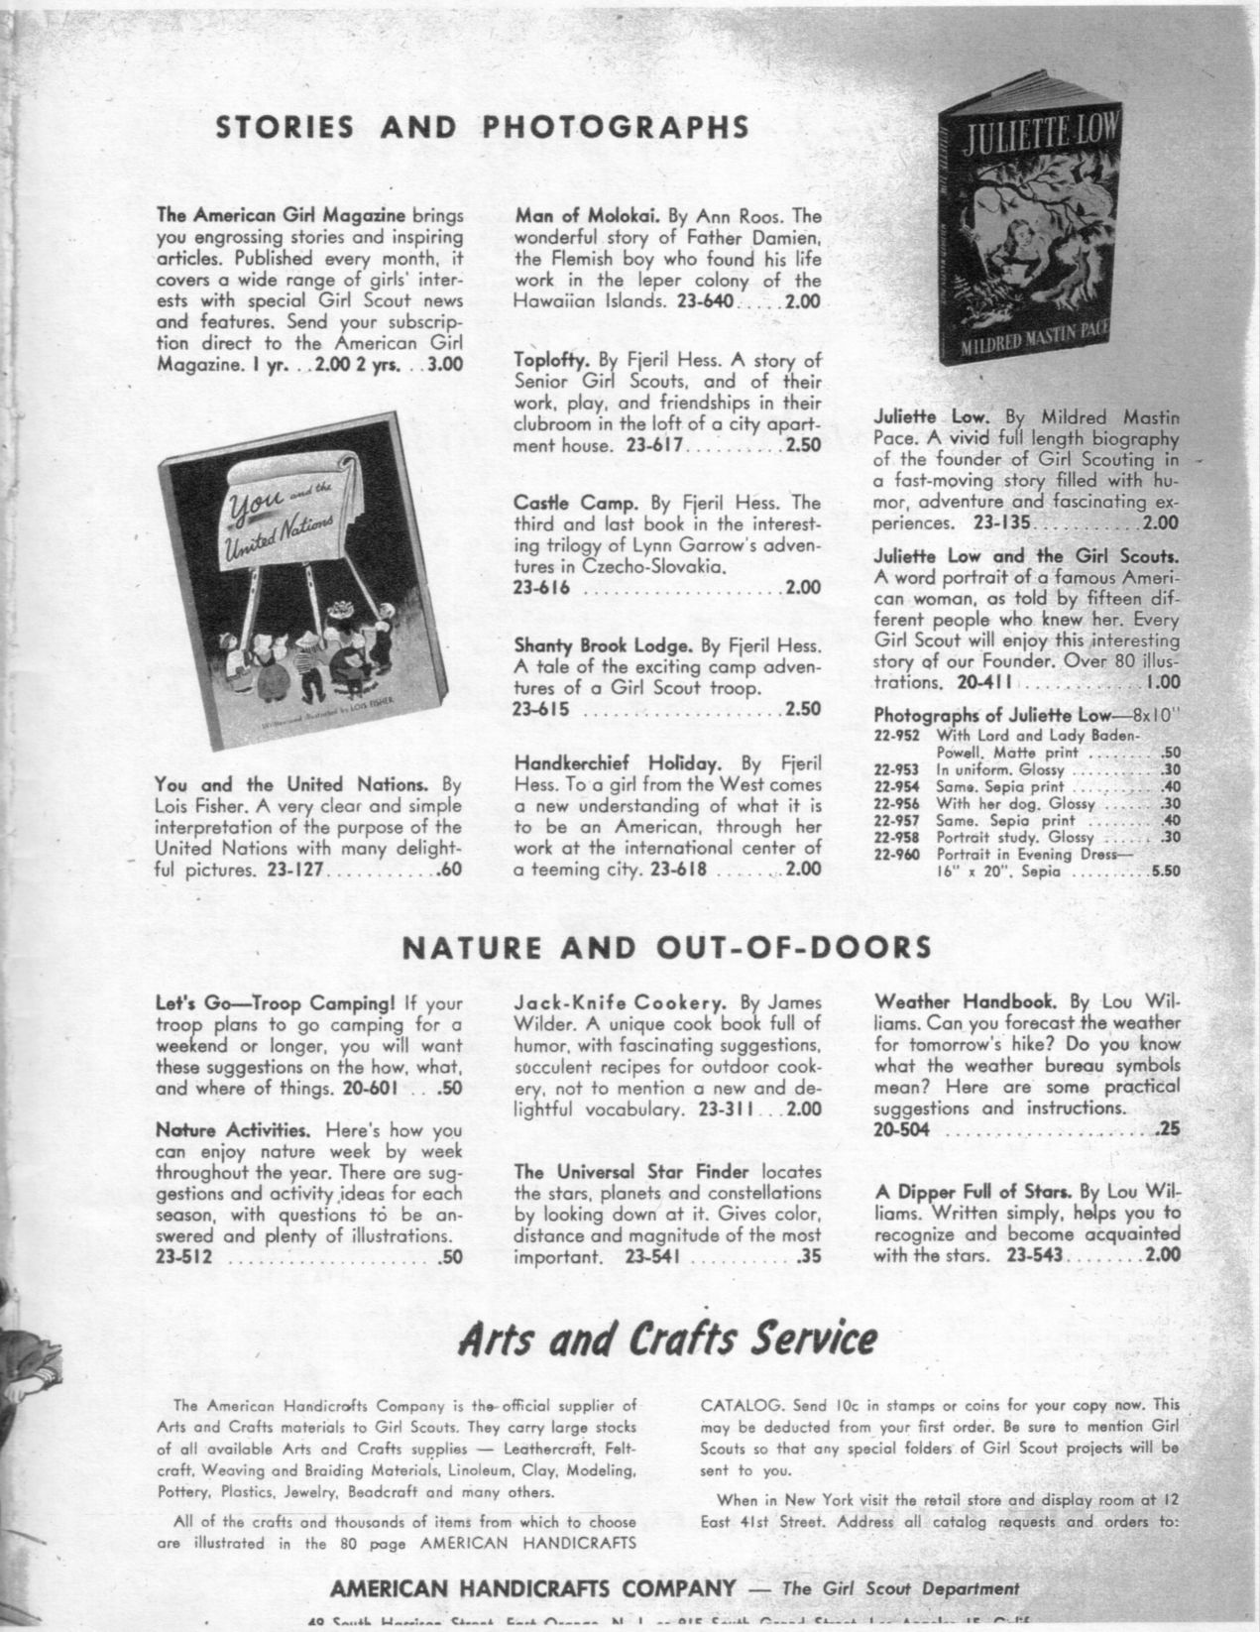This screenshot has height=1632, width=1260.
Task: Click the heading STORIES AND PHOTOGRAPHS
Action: [483, 127]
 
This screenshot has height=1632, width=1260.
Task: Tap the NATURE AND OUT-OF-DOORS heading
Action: [666, 947]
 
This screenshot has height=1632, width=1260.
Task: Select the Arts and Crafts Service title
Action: [667, 1339]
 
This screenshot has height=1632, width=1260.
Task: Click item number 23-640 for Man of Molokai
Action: [705, 301]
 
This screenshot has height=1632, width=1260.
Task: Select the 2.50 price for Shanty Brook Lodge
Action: [803, 709]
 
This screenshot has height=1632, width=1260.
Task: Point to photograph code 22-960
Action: [898, 855]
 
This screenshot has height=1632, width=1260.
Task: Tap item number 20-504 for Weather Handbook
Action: [902, 1129]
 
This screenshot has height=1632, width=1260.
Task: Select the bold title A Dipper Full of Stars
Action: [973, 1192]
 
